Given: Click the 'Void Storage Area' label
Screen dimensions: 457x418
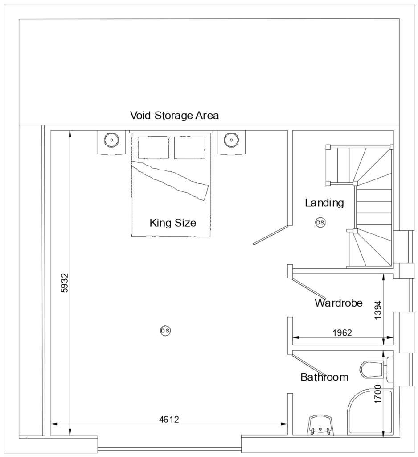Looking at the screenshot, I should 174,116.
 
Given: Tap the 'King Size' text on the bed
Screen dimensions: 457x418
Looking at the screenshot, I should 172,222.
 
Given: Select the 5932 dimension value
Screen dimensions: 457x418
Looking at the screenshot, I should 65,283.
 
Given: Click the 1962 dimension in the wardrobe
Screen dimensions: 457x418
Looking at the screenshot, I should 342,332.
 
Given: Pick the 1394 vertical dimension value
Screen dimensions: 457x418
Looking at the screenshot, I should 378,309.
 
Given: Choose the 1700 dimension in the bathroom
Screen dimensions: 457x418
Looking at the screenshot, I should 378,394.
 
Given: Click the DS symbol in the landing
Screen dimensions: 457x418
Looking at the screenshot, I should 320,222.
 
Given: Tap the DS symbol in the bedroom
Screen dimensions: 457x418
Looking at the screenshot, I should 165,331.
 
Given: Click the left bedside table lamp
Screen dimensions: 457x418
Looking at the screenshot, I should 110,139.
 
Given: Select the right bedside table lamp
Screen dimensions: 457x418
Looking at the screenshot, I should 230,139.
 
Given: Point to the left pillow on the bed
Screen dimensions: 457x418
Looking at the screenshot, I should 153,148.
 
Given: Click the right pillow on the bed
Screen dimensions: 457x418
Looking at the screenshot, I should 189,148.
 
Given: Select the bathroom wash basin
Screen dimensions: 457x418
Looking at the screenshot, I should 320,425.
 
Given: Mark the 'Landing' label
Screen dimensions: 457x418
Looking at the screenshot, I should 324,203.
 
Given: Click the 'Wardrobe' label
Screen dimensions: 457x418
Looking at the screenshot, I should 338,303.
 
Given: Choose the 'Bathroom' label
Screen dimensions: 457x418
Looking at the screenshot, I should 324,377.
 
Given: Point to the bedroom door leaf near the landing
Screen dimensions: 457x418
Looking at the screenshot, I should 270,235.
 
